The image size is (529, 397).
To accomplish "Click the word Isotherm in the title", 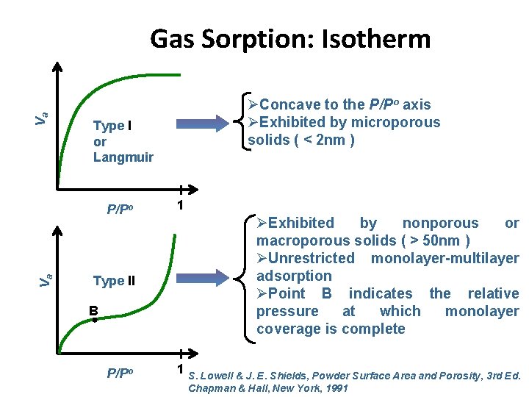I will pos(374,38).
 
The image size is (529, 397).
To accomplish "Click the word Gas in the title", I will pos(172,38).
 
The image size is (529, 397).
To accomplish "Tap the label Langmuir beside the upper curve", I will pos(123,157).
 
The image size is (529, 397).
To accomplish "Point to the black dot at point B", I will pos(95,321).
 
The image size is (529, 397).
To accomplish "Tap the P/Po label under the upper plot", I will pos(120,209).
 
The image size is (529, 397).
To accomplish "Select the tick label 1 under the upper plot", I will pos(180,207).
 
